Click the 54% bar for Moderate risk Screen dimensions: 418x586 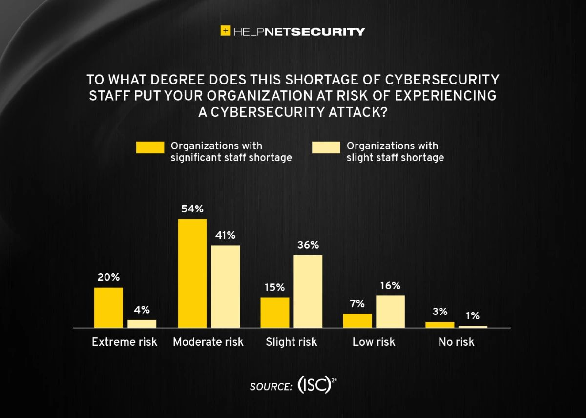click(192, 273)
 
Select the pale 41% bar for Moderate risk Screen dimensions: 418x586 click(226, 286)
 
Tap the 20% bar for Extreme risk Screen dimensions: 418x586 click(108, 308)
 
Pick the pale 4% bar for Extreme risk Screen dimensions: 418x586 click(142, 324)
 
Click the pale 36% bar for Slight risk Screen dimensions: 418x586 click(308, 292)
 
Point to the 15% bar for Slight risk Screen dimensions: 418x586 click(275, 313)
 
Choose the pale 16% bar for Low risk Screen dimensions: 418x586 click(390, 312)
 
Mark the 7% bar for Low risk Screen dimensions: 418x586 click(357, 320)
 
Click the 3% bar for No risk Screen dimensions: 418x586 click(440, 325)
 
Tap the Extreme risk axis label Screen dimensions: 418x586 click(125, 342)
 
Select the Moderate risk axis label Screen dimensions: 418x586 click(208, 342)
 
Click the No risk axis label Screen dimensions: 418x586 click(456, 342)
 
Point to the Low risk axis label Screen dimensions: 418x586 click(374, 342)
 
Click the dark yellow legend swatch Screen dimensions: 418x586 click(150, 147)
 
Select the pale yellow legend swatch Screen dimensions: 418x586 click(326, 147)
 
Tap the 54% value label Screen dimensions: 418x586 click(192, 209)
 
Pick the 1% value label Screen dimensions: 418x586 click(473, 316)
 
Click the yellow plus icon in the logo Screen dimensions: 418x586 click(226, 31)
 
